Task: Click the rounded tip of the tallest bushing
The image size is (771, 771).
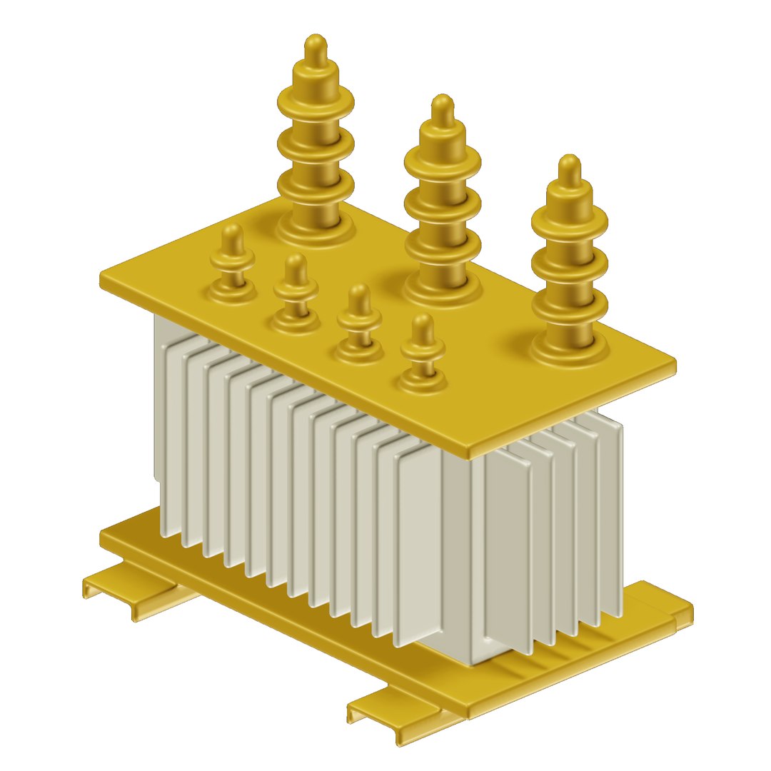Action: pyautogui.click(x=315, y=47)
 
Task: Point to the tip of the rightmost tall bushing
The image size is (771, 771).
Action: pyautogui.click(x=569, y=167)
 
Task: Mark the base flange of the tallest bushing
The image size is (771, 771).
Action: pyautogui.click(x=315, y=228)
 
